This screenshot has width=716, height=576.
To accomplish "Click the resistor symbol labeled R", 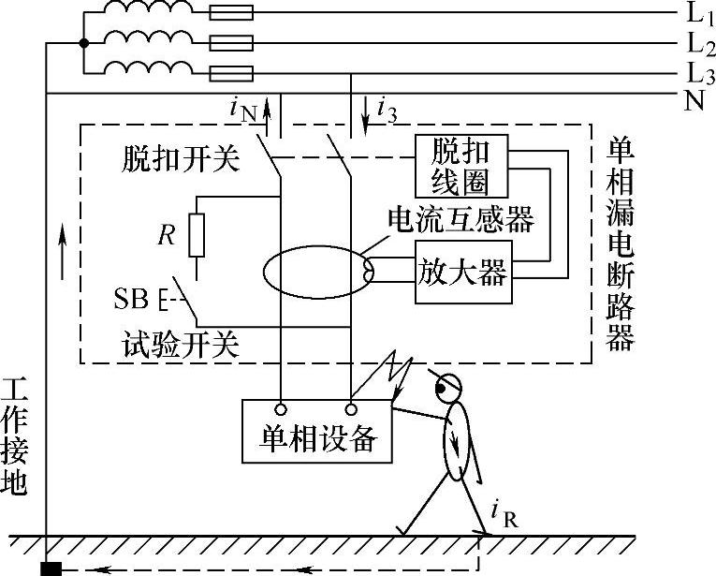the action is point(197,235).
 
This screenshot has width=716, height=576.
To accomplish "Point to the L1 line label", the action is point(699,13).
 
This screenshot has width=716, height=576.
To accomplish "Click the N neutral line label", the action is point(694,100).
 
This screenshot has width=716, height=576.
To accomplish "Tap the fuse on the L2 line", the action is point(231,43).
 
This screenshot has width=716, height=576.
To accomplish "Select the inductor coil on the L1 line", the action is point(148,8).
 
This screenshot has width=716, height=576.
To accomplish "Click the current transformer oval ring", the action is point(263,272).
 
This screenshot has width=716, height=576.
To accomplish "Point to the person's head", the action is point(448,389).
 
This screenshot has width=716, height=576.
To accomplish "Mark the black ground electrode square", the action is point(51,569).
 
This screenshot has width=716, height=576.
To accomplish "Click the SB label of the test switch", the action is point(131,299).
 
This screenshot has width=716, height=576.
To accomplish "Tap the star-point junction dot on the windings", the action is point(83,43).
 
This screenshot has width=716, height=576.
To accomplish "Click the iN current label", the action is point(244,111).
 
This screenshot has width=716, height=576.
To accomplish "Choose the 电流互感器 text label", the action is point(460,219).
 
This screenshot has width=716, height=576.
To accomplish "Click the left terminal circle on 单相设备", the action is point(281,409).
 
